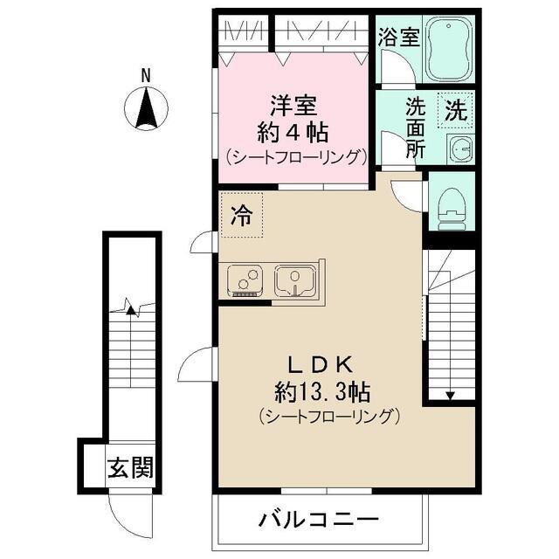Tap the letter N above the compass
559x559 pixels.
click(x=148, y=75)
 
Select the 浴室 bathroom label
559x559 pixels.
click(x=399, y=38)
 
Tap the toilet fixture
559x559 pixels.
click(x=451, y=206)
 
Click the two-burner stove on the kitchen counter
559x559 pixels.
click(x=246, y=280)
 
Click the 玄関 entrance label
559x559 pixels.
click(x=130, y=467)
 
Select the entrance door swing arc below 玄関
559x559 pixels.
click(x=122, y=510)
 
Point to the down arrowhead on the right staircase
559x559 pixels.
click(x=450, y=395)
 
